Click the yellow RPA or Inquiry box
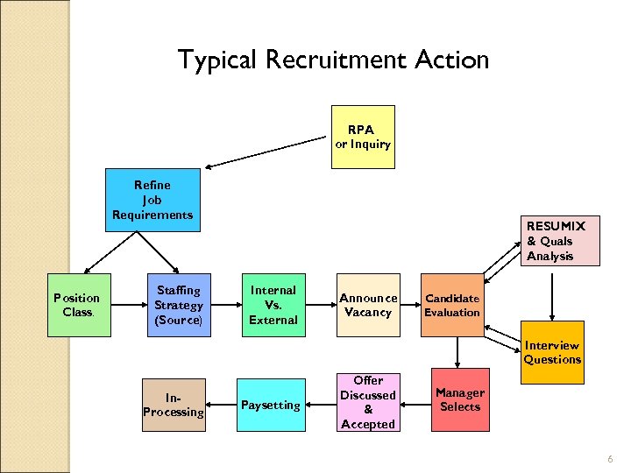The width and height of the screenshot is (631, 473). (x=363, y=137)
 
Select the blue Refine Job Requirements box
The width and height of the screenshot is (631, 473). (x=152, y=201)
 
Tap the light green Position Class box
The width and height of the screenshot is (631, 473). (x=77, y=306)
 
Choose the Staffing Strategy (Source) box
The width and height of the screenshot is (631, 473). (x=178, y=306)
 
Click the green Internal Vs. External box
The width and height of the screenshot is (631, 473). (x=273, y=306)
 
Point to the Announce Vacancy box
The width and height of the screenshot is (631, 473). (x=368, y=306)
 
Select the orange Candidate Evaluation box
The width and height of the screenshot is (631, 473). (x=452, y=306)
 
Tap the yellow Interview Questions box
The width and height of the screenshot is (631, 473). (x=552, y=352)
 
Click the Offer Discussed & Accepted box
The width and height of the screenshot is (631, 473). (x=368, y=403)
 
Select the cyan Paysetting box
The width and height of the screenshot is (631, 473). (x=271, y=406)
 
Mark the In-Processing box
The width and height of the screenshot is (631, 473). (x=174, y=406)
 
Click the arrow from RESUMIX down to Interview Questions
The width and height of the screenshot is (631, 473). (x=551, y=297)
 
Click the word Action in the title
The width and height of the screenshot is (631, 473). (x=456, y=60)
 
